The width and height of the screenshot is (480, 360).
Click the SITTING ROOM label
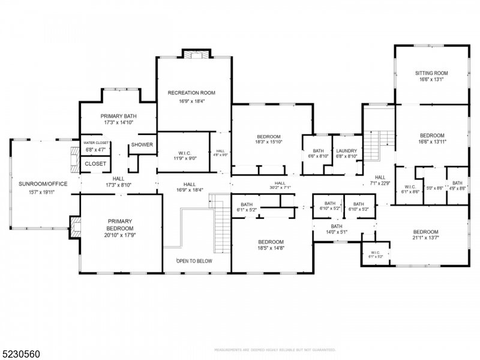432,73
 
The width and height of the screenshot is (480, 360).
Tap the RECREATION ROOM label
191,93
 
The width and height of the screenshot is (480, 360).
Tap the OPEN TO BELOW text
194,261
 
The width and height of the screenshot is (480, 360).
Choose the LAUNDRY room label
346,151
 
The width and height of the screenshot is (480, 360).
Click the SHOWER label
142,145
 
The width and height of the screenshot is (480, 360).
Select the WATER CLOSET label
95,143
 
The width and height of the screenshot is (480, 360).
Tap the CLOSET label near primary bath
95,164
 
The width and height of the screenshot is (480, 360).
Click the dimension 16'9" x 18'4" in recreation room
191,101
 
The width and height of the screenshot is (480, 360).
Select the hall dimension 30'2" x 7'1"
280,188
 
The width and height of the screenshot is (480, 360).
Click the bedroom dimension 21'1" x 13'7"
425,240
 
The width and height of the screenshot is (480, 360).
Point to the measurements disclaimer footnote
275,349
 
